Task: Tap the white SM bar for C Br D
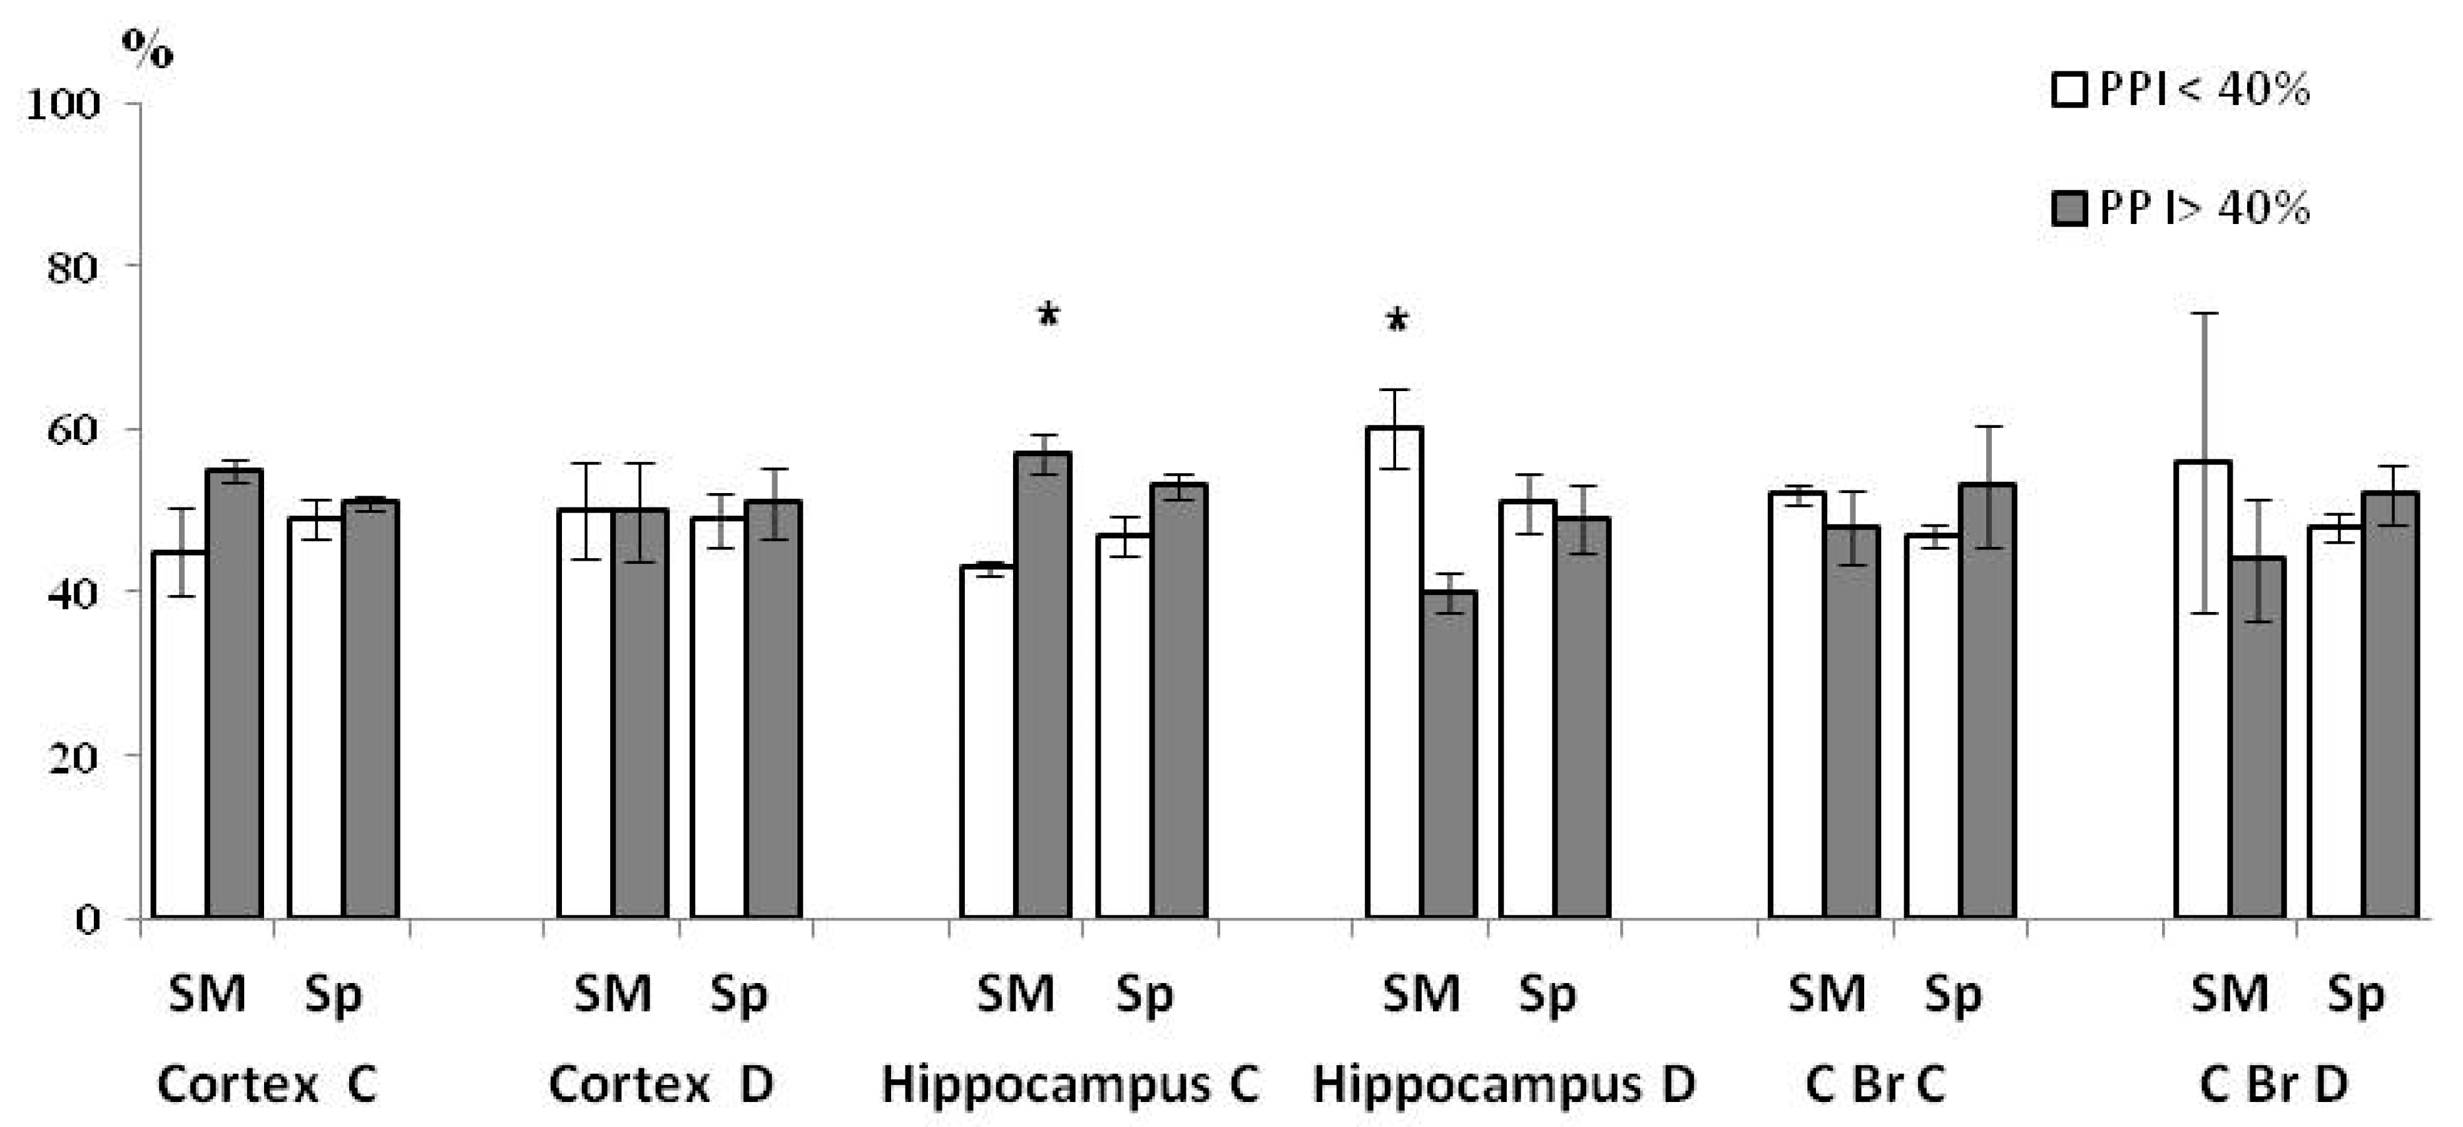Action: (2203, 689)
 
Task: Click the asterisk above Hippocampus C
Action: (1048, 315)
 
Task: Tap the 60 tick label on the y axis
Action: (73, 430)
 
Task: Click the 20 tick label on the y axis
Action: (73, 758)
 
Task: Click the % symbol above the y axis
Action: (147, 48)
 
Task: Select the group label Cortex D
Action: (661, 1084)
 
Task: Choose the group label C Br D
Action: (2273, 1084)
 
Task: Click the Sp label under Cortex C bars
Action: (333, 995)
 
